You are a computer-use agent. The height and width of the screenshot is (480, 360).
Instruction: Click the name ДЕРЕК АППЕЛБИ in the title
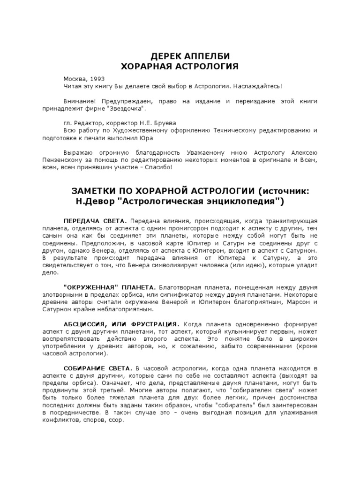[x=180, y=56]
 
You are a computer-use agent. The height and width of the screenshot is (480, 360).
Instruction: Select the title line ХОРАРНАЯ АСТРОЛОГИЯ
[x=180, y=66]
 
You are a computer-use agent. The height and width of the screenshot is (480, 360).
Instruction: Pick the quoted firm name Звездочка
[x=128, y=109]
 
